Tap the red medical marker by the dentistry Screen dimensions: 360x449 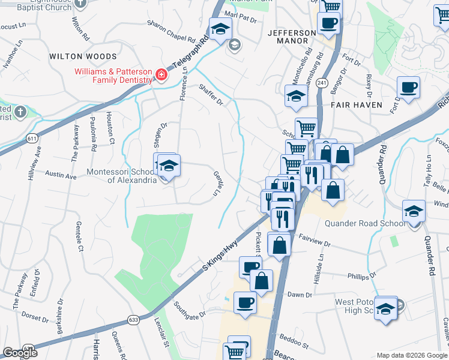coord(161,75)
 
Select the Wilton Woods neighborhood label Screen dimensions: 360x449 coord(83,56)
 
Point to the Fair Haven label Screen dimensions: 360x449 coord(356,104)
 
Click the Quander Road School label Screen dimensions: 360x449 coord(364,224)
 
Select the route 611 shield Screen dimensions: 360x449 coord(32,138)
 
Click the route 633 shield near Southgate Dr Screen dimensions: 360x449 coord(133,320)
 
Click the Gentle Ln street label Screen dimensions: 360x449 coord(217,184)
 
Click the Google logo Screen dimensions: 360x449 coord(20,353)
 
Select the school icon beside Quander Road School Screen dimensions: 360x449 coord(414,211)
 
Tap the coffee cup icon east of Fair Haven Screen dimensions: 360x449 coord(408,88)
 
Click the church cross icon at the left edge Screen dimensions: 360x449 coord(20,112)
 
